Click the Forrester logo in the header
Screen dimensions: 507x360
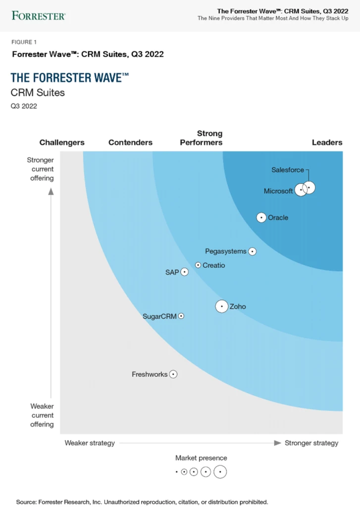coord(39,15)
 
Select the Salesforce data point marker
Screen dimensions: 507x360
coord(309,187)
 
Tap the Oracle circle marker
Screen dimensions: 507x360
coord(261,217)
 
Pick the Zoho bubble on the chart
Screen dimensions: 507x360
coord(222,306)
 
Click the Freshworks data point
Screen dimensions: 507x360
coord(173,374)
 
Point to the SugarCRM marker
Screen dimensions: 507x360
coord(181,316)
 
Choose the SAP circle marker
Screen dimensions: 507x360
coord(184,272)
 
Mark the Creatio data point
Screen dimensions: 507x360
coord(198,265)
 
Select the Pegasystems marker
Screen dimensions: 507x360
coord(252,252)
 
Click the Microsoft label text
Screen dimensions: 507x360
coord(278,191)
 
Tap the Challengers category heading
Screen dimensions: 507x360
coord(62,143)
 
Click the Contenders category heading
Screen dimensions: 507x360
coord(130,143)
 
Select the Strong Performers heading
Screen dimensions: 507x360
coord(201,138)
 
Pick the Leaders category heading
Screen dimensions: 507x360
coord(327,143)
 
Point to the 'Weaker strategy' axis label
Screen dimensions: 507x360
coord(90,443)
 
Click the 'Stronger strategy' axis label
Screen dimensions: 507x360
coord(311,443)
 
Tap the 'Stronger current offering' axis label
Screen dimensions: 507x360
coord(41,169)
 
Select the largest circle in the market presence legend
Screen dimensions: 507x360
coord(220,472)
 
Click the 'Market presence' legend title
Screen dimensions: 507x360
coord(201,458)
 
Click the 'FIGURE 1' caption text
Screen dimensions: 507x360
coord(24,42)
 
